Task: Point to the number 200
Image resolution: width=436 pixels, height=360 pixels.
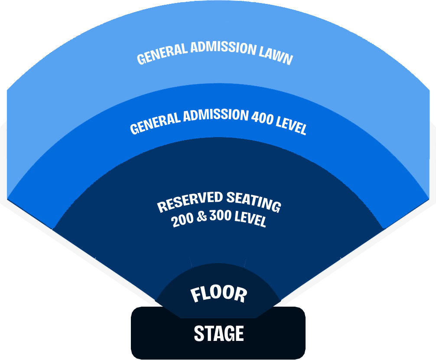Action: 182,220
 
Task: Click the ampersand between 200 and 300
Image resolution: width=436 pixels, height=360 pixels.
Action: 201,217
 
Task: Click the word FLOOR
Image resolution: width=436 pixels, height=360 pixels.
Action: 219,295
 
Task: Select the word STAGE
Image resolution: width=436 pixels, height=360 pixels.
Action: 218,333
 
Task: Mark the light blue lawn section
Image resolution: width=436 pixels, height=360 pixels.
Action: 217,26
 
